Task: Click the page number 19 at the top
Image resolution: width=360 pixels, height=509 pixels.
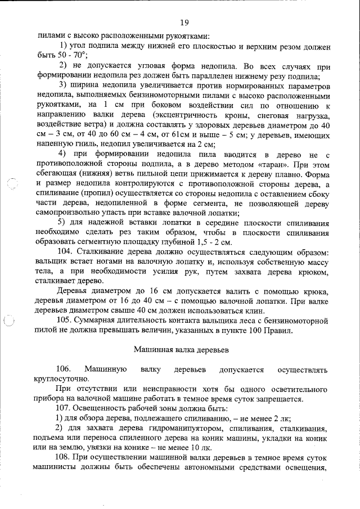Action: coord(183,22)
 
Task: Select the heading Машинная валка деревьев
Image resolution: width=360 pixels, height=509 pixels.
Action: coord(181,349)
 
